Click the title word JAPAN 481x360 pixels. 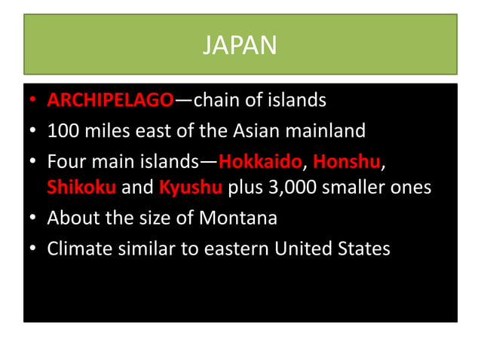click(x=240, y=46)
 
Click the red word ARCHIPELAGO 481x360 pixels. click(x=110, y=100)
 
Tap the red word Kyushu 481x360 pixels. click(x=191, y=187)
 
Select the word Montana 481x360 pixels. click(x=238, y=218)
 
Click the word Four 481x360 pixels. click(x=65, y=162)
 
